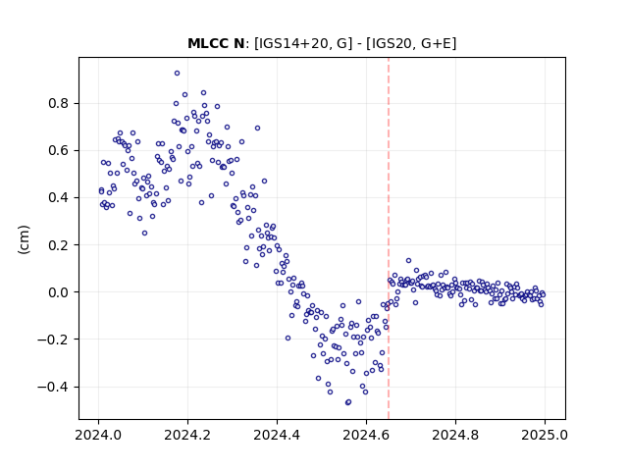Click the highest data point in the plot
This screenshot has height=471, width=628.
177,74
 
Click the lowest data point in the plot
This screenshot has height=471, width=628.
347,402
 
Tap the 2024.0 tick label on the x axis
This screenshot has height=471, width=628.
98,435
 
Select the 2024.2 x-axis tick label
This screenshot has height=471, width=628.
187,435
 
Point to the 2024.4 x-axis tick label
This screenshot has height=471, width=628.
277,435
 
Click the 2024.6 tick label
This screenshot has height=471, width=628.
366,435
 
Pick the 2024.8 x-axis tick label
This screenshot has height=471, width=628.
455,435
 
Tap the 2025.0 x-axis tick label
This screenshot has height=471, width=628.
545,435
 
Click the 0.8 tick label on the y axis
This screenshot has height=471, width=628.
59,103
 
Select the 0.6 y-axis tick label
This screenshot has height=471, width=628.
59,150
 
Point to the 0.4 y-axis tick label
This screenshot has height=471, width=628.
59,198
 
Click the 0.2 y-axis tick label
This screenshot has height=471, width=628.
59,245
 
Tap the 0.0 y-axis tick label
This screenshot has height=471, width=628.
59,292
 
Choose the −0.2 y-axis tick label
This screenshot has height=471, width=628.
53,340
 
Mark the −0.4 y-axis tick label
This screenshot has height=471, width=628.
53,387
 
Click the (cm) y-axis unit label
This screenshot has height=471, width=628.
24,239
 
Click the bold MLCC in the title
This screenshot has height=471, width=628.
207,43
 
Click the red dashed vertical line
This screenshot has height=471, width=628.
389,238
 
